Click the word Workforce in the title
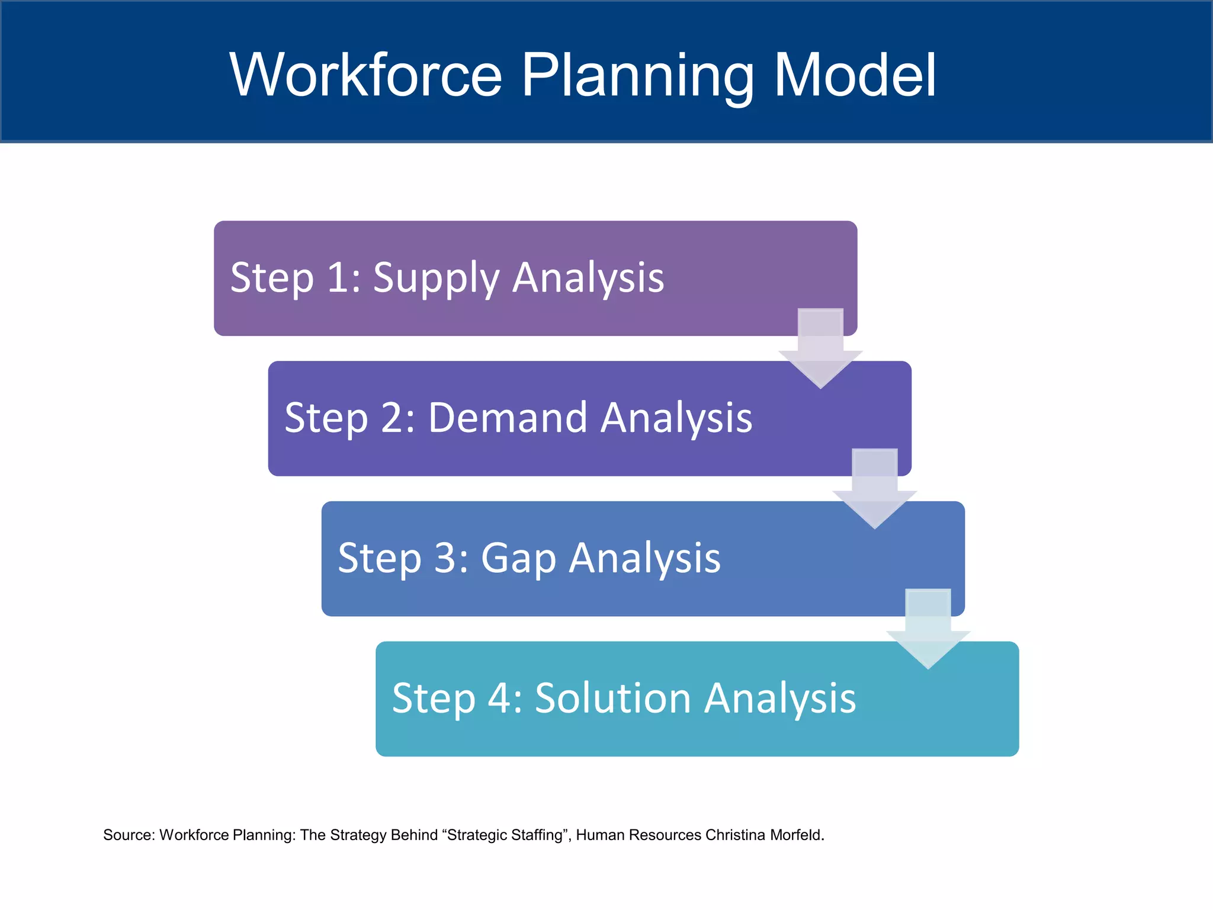(x=365, y=75)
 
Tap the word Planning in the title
(x=637, y=75)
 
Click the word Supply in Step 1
(x=436, y=278)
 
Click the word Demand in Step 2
(x=507, y=418)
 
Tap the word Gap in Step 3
(x=518, y=558)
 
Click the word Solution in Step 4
(x=613, y=698)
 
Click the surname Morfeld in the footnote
(x=797, y=835)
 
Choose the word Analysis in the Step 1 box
(x=588, y=278)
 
